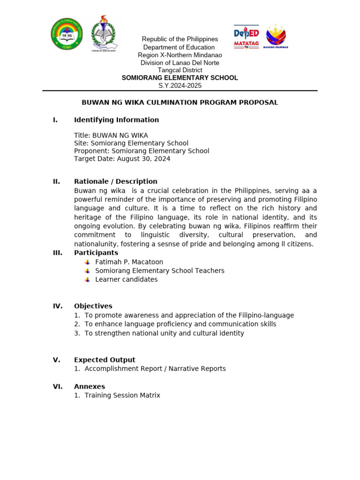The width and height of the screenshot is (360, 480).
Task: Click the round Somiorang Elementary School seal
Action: click(x=67, y=34)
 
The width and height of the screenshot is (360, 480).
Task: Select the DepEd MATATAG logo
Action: click(x=247, y=37)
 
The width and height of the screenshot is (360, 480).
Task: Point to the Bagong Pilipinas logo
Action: click(x=276, y=37)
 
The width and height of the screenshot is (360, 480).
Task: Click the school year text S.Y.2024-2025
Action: click(x=180, y=85)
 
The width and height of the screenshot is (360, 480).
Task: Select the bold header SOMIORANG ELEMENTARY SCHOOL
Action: click(x=180, y=78)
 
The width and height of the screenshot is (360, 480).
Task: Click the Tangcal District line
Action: click(x=180, y=70)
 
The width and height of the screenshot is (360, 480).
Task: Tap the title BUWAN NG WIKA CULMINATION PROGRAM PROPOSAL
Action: click(x=180, y=102)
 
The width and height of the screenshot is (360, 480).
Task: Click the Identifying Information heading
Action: click(x=116, y=120)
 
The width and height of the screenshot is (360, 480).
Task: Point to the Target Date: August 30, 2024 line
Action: click(x=122, y=159)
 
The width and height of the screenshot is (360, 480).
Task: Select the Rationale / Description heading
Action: click(x=116, y=181)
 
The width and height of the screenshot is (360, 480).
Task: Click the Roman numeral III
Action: click(x=58, y=253)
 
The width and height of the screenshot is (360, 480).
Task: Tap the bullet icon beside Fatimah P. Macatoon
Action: click(x=87, y=262)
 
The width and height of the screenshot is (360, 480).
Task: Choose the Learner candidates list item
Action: click(x=126, y=279)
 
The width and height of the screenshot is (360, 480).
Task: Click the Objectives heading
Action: click(x=93, y=306)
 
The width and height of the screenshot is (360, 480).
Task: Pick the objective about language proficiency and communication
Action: click(x=180, y=324)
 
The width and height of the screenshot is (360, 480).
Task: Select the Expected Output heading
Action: click(x=105, y=360)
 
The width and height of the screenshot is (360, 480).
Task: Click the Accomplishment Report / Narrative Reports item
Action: click(x=155, y=369)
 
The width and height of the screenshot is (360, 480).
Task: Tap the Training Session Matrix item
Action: click(x=122, y=396)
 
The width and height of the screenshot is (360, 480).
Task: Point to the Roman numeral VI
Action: click(x=58, y=387)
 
